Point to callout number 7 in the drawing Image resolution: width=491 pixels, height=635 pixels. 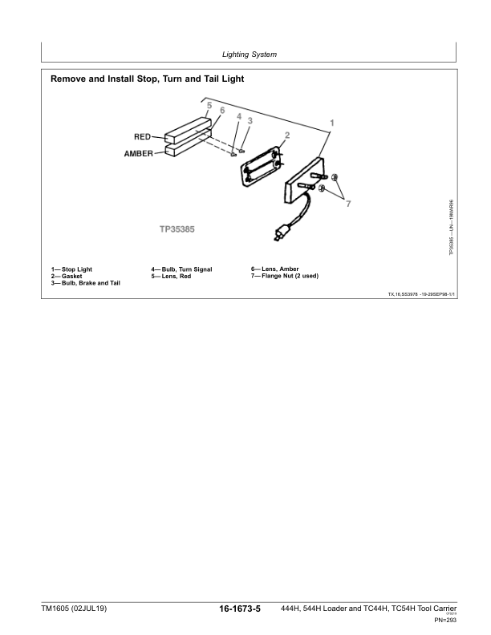click(348, 204)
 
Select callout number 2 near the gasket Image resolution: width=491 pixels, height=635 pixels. click(286, 135)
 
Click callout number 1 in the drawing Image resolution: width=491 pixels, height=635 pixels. click(332, 123)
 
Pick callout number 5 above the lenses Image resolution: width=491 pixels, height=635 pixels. click(209, 106)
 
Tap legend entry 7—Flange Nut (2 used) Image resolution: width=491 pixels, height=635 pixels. click(285, 276)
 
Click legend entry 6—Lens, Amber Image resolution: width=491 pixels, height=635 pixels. click(275, 269)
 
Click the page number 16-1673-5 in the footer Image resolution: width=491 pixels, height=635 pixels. click(240, 610)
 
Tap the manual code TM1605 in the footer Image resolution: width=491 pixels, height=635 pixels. click(62, 610)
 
